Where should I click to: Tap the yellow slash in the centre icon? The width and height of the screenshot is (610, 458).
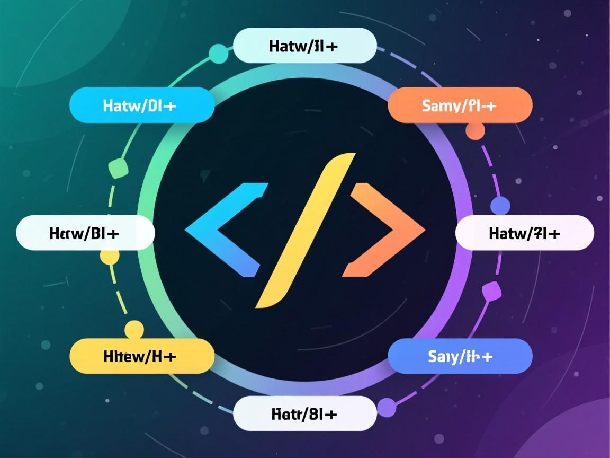coord(305,231)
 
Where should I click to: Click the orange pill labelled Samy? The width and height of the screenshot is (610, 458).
coord(460,105)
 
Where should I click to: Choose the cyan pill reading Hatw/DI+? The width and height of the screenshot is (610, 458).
coord(141,105)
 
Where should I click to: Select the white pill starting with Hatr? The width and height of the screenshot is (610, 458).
coord(304,413)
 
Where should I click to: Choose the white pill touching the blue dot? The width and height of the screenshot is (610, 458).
coord(524,233)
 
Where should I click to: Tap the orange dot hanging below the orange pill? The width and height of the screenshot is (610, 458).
coord(475,131)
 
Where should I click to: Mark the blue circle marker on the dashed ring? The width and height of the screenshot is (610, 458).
coord(500,205)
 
